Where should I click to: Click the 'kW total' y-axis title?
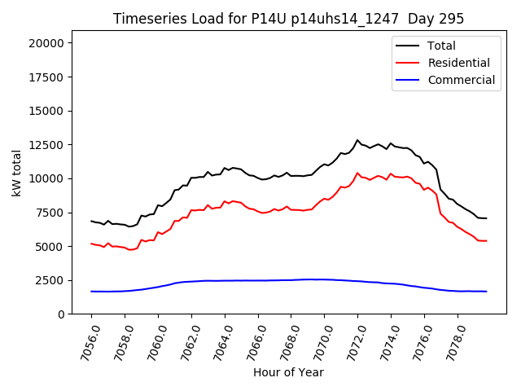(x=16, y=173)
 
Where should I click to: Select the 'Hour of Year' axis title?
(x=288, y=372)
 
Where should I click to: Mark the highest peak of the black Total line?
(x=357, y=140)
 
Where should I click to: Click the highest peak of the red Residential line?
(x=357, y=173)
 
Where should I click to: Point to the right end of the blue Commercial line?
(x=486, y=292)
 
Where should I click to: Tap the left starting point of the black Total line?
(x=91, y=221)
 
